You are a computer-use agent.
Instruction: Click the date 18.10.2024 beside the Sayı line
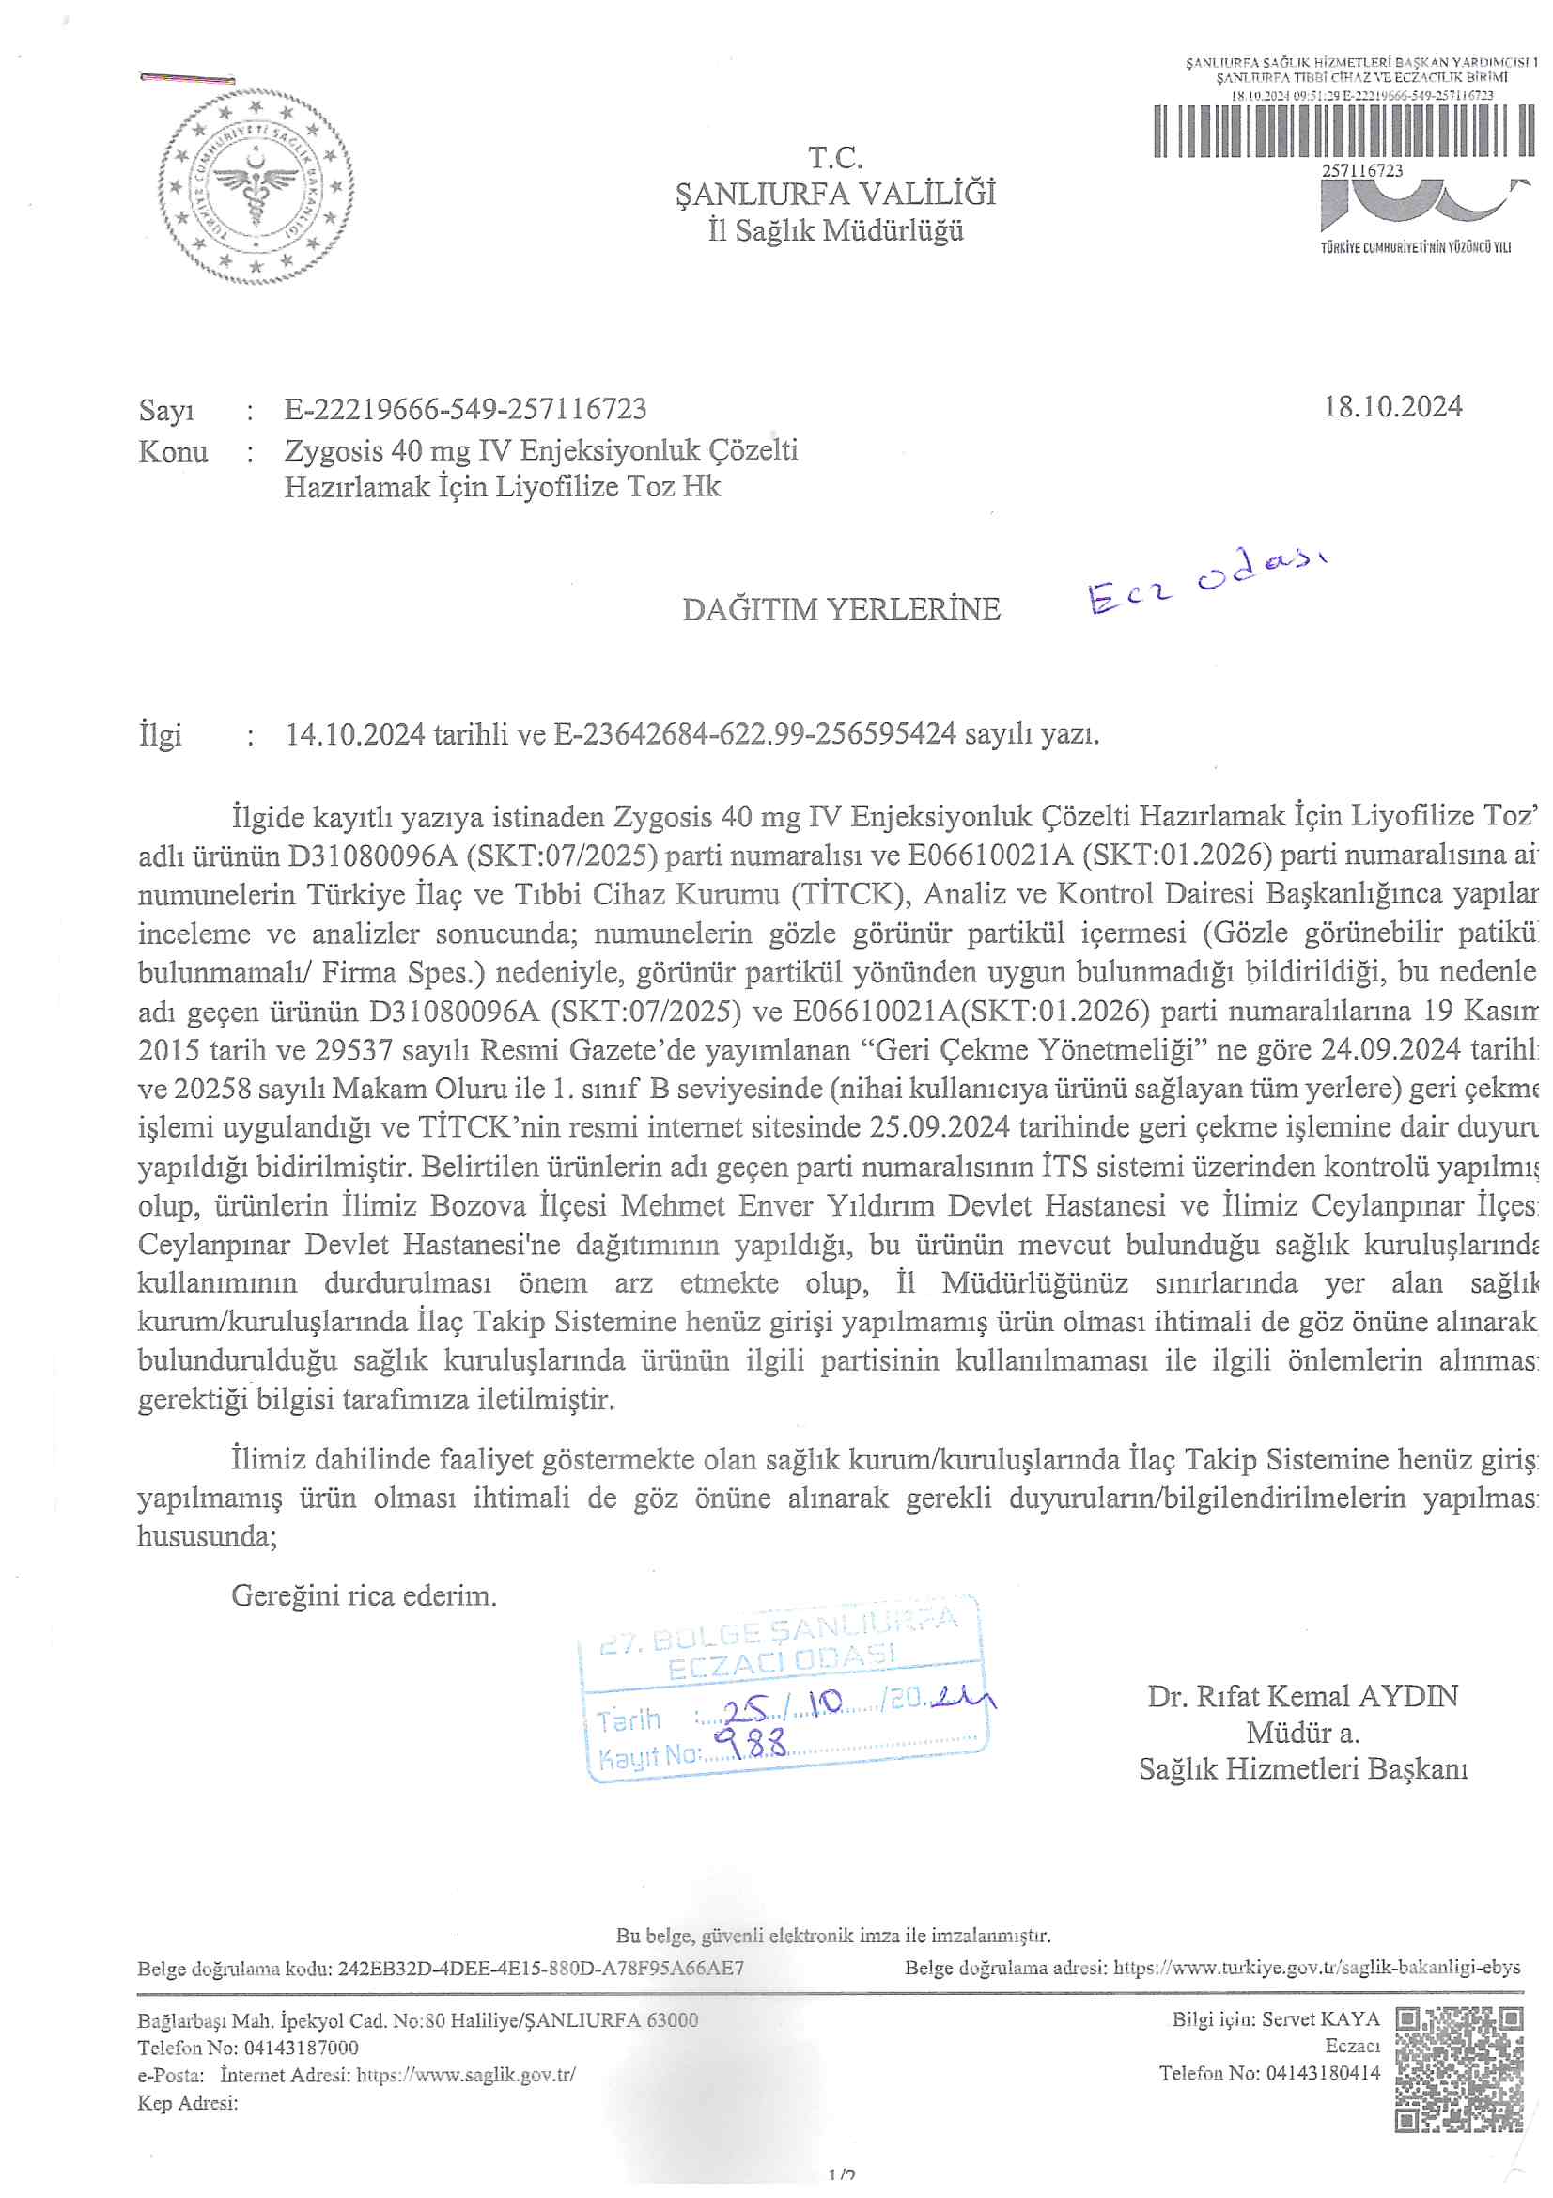1392,407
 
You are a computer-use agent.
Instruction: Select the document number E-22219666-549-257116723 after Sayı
465,410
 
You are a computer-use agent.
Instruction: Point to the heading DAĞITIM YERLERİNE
841,609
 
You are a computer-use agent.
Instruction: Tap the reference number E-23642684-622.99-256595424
755,734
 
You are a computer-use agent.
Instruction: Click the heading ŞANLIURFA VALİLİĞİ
835,195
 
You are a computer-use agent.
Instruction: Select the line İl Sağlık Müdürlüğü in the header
835,230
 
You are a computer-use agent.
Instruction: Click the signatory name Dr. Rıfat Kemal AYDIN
1302,1696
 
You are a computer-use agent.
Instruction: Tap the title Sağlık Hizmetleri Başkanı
1302,1769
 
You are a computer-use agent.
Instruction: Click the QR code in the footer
1458,2070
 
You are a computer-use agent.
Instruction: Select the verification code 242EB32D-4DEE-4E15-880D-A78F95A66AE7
539,1969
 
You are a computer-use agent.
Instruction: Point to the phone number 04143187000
302,2048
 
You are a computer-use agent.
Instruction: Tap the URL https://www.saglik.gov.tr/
466,2075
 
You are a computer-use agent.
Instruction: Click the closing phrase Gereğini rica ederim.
364,1595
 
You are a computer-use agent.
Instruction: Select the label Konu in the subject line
173,451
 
